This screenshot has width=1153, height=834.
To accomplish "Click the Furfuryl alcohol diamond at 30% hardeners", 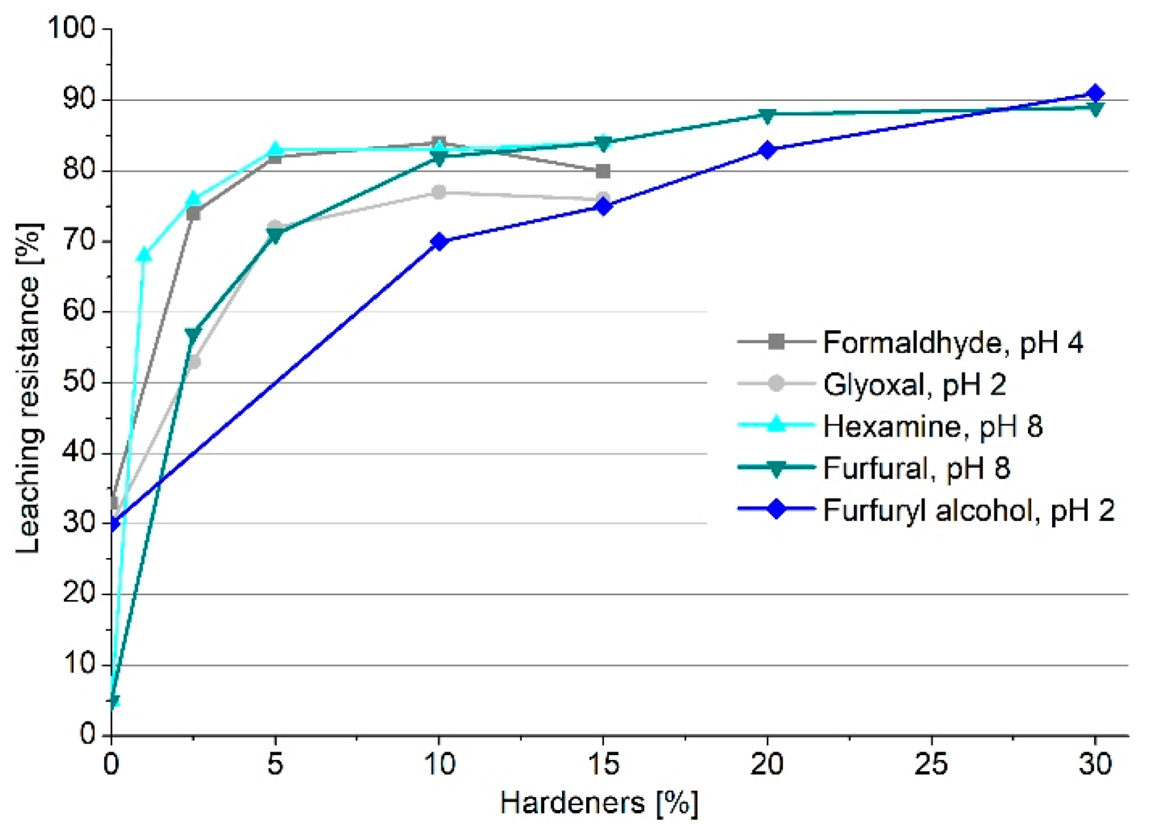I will click(1095, 93).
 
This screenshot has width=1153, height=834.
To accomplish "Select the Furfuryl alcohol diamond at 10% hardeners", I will click(439, 242).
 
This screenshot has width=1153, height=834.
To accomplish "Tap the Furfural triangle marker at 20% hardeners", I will click(767, 115).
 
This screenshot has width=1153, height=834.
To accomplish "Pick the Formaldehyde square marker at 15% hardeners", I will click(603, 171).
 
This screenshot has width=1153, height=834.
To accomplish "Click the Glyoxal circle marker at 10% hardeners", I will click(439, 192).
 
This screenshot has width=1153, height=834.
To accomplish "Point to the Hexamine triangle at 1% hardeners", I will click(144, 255).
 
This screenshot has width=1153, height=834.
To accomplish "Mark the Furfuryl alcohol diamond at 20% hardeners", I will click(767, 150).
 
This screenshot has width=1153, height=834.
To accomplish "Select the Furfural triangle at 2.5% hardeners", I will click(193, 334).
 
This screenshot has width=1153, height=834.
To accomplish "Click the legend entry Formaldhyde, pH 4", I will click(953, 342).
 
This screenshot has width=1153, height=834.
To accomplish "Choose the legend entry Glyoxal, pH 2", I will click(914, 384).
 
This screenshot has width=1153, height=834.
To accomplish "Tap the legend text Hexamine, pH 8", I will click(932, 426).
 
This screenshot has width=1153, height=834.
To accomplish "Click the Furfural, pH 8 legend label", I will click(916, 469).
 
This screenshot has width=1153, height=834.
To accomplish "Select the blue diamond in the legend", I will click(776, 509).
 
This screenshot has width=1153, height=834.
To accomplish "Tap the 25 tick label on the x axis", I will click(931, 763).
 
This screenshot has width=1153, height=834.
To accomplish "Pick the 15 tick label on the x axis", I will click(603, 763).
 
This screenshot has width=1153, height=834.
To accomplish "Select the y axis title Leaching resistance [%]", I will click(29, 388).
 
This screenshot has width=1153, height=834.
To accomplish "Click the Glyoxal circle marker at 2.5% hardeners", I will click(194, 362).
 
